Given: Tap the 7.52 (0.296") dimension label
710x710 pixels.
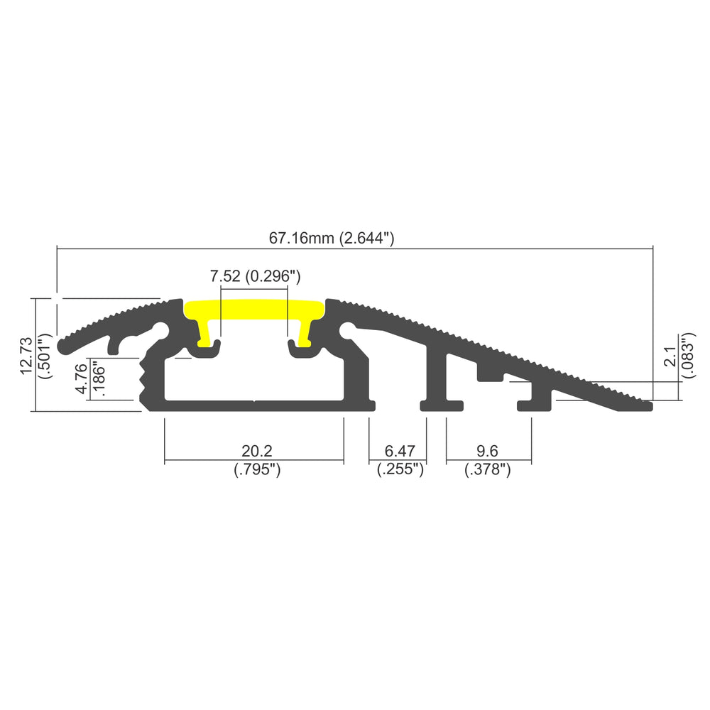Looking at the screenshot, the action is click(256, 275).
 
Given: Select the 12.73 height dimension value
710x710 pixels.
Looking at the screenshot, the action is click(27, 356).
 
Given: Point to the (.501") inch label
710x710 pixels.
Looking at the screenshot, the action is click(45, 356).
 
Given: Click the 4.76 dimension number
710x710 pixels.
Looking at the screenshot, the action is click(81, 378).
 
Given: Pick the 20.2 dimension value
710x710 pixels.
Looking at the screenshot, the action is click(257, 451).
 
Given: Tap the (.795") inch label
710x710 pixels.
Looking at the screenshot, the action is click(257, 469).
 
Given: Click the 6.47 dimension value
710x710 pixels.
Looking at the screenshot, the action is click(399, 451).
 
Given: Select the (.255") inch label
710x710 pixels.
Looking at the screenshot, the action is click(400, 469).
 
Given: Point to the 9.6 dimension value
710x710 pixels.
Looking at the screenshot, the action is click(487, 451).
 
